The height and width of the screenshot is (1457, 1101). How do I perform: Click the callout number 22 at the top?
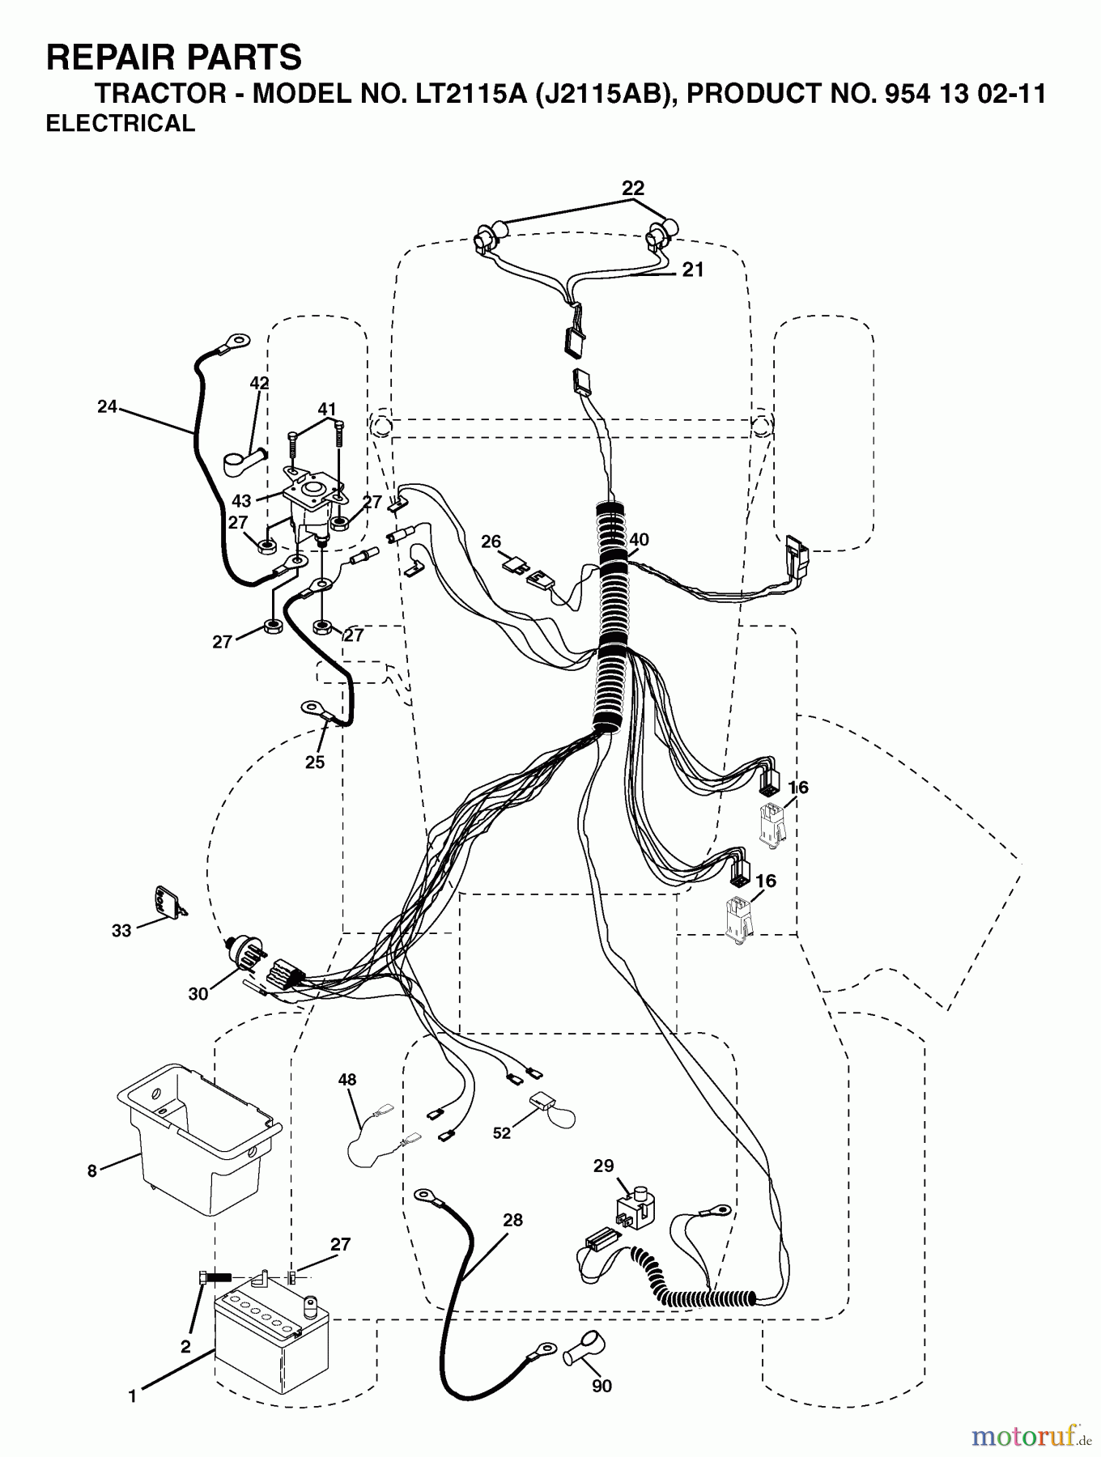click(x=633, y=189)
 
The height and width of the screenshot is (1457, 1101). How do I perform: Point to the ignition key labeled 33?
click(x=168, y=903)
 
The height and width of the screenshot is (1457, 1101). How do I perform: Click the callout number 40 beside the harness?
click(x=639, y=540)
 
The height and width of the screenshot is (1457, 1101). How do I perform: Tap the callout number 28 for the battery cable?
click(x=512, y=1220)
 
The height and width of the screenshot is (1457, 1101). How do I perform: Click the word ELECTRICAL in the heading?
click(x=121, y=123)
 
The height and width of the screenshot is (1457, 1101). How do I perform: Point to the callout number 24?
click(x=107, y=407)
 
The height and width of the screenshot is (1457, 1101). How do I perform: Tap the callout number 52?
click(x=502, y=1133)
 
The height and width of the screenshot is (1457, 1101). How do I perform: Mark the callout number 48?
click(x=347, y=1079)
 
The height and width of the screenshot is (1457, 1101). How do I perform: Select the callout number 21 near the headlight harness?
click(x=692, y=270)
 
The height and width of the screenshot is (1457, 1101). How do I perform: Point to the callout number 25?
click(x=315, y=762)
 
